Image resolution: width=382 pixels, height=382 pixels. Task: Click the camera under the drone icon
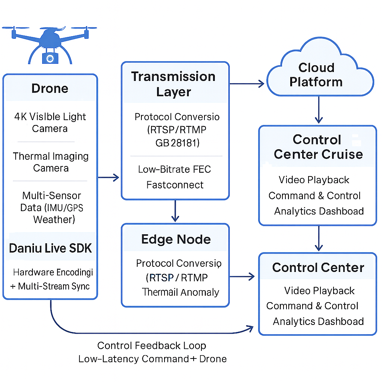point(50,58)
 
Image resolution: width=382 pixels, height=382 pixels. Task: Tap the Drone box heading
point(50,88)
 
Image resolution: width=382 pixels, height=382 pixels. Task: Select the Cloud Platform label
point(316,75)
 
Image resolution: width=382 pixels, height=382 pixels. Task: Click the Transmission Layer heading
point(173,84)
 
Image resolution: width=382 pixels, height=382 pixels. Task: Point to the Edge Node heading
point(176,239)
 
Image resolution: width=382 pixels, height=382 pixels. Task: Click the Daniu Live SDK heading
point(50,248)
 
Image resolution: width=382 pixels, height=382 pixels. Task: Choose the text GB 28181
point(177,143)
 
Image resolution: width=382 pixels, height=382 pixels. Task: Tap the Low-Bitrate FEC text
point(175,169)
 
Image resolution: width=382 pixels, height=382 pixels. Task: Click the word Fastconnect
point(175,185)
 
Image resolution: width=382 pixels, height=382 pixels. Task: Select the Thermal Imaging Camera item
point(51,162)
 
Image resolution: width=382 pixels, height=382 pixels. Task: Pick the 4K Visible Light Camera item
point(50,122)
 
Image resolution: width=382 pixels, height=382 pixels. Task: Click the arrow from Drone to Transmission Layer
point(109,177)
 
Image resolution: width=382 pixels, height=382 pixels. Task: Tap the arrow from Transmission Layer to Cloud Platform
point(247,84)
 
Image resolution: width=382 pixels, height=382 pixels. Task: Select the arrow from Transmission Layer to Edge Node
point(175,211)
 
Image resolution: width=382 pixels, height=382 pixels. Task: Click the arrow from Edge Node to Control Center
point(242,276)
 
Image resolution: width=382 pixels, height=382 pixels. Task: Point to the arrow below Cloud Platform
point(319,110)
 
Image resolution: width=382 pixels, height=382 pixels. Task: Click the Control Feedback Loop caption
point(151,345)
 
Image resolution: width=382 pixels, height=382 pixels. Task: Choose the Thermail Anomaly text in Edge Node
point(181,292)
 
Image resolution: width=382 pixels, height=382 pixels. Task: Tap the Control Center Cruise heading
point(318,147)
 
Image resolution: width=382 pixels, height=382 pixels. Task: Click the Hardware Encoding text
point(53,272)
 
